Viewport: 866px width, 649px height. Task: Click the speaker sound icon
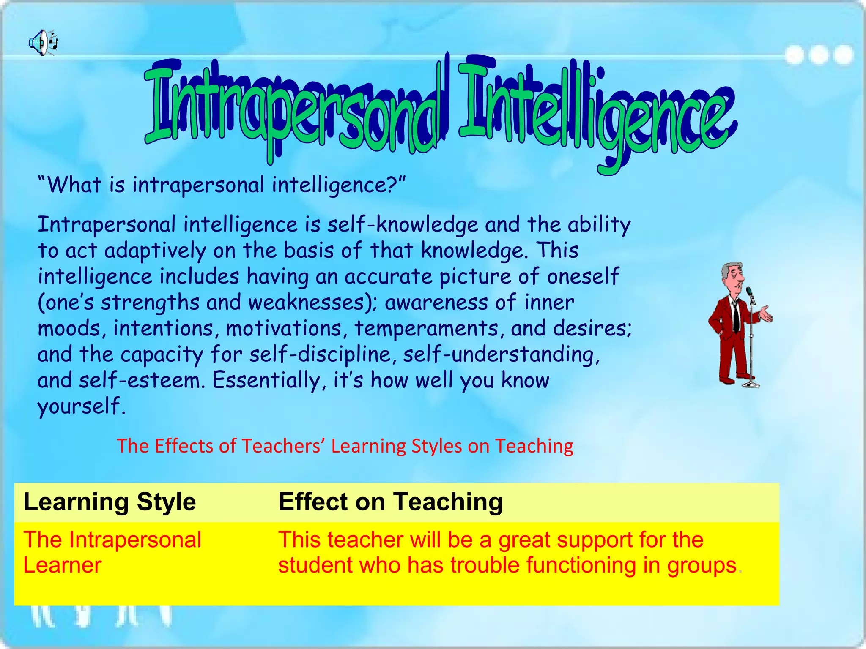pos(43,43)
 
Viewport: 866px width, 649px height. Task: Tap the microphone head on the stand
pos(749,291)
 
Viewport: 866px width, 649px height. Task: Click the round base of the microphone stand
pos(751,384)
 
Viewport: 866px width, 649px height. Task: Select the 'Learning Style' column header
pos(110,502)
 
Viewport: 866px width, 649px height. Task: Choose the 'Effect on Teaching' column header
pos(390,502)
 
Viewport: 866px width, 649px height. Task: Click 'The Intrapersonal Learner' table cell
pos(112,552)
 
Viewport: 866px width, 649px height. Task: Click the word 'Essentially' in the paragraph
pos(266,380)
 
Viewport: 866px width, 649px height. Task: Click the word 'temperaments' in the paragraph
pos(427,328)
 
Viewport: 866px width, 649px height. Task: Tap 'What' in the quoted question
pos(74,185)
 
